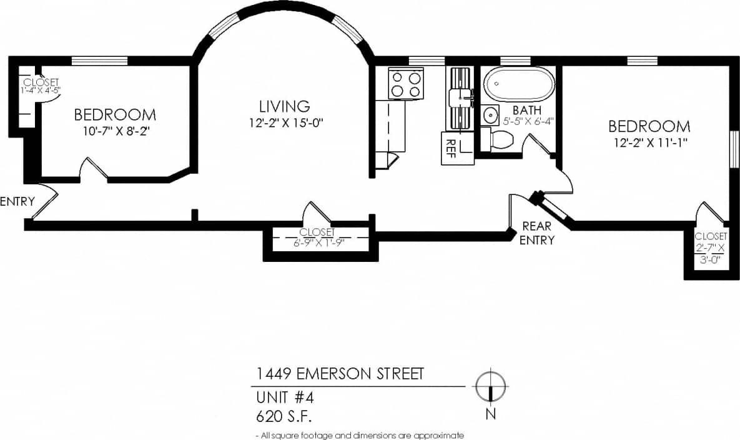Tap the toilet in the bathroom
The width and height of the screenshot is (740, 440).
(500, 139)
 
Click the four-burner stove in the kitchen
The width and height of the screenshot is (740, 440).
(405, 84)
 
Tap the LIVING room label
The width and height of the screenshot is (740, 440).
(285, 106)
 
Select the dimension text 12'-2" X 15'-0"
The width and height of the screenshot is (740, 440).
(285, 122)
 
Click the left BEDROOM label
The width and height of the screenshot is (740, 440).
(115, 115)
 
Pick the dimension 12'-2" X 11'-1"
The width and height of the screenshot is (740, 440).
(649, 142)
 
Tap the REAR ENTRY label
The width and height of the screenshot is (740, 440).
(536, 233)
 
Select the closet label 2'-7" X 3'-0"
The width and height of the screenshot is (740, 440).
(711, 254)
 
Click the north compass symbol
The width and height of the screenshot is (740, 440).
(491, 387)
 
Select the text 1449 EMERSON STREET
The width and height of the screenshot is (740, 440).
(340, 374)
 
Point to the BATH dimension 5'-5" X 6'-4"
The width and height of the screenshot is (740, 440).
(528, 122)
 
